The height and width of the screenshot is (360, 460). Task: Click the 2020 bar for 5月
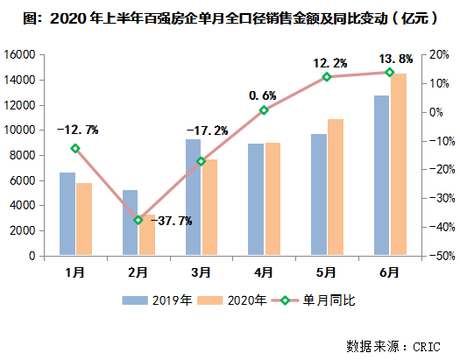click(336, 187)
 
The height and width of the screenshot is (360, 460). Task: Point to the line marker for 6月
click(390, 73)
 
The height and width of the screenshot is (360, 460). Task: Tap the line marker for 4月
click(264, 110)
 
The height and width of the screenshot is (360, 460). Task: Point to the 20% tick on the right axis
click(437, 54)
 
